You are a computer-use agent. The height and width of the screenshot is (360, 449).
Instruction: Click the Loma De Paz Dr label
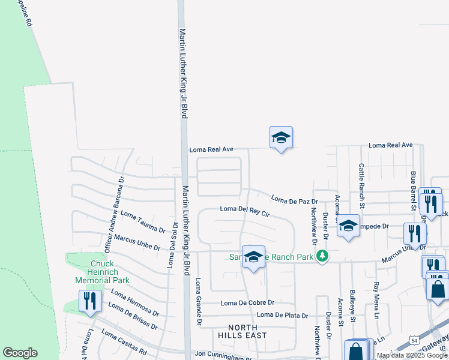tap(294, 199)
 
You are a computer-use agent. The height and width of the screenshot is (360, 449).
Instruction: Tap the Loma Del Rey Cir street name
tap(245, 211)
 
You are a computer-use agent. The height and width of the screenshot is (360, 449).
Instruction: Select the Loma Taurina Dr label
tap(143, 221)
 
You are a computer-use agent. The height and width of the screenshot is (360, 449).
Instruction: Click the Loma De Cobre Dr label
tap(247, 303)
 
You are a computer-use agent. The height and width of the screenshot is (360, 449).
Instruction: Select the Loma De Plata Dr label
tap(282, 315)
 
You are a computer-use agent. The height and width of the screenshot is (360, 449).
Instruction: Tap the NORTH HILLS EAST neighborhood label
tap(239, 331)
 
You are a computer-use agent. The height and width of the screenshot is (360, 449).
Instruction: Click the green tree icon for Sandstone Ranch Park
tap(323, 256)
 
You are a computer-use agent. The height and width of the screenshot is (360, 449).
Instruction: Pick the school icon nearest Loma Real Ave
tap(280, 138)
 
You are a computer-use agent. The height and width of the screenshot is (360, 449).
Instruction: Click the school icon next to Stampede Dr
tap(348, 226)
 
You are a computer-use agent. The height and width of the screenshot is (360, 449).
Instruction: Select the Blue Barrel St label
tap(413, 190)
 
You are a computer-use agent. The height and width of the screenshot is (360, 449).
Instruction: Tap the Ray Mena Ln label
tap(377, 300)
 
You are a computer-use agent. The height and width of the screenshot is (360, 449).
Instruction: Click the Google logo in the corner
tap(20, 353)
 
